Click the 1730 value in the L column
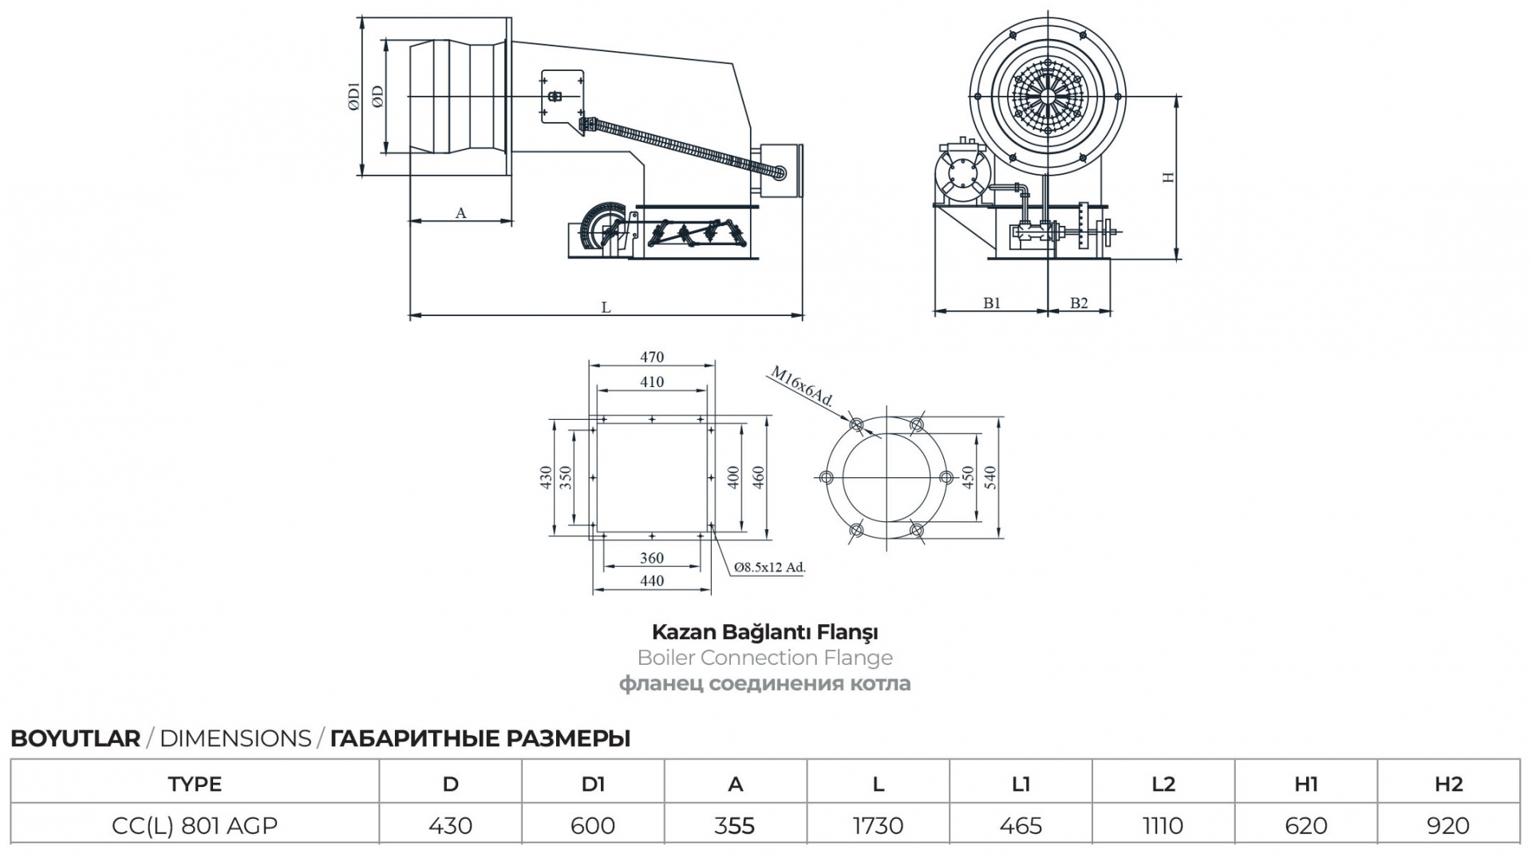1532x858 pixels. coord(878,825)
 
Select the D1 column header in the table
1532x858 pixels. coord(593,784)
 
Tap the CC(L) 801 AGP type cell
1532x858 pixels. coord(195,825)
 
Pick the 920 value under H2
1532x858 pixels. coord(1448,825)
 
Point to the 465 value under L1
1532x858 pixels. coord(1021,825)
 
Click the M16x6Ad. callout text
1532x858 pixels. coord(801,387)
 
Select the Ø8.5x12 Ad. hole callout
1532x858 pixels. coord(770,567)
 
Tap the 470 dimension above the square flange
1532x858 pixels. coord(652,357)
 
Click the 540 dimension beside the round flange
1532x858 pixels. coord(990,477)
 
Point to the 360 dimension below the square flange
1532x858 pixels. coord(652,558)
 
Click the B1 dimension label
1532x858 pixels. coord(992,302)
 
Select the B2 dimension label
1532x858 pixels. coord(1079,302)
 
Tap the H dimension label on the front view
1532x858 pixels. coord(1169,177)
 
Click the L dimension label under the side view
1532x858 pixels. coord(606,307)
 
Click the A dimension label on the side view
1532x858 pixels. coord(460,213)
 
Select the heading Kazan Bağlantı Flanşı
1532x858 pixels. coord(765,632)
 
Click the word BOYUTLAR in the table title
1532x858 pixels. coord(75,738)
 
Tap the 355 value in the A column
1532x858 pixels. coord(735,825)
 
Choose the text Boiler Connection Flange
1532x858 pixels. coord(765,658)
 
